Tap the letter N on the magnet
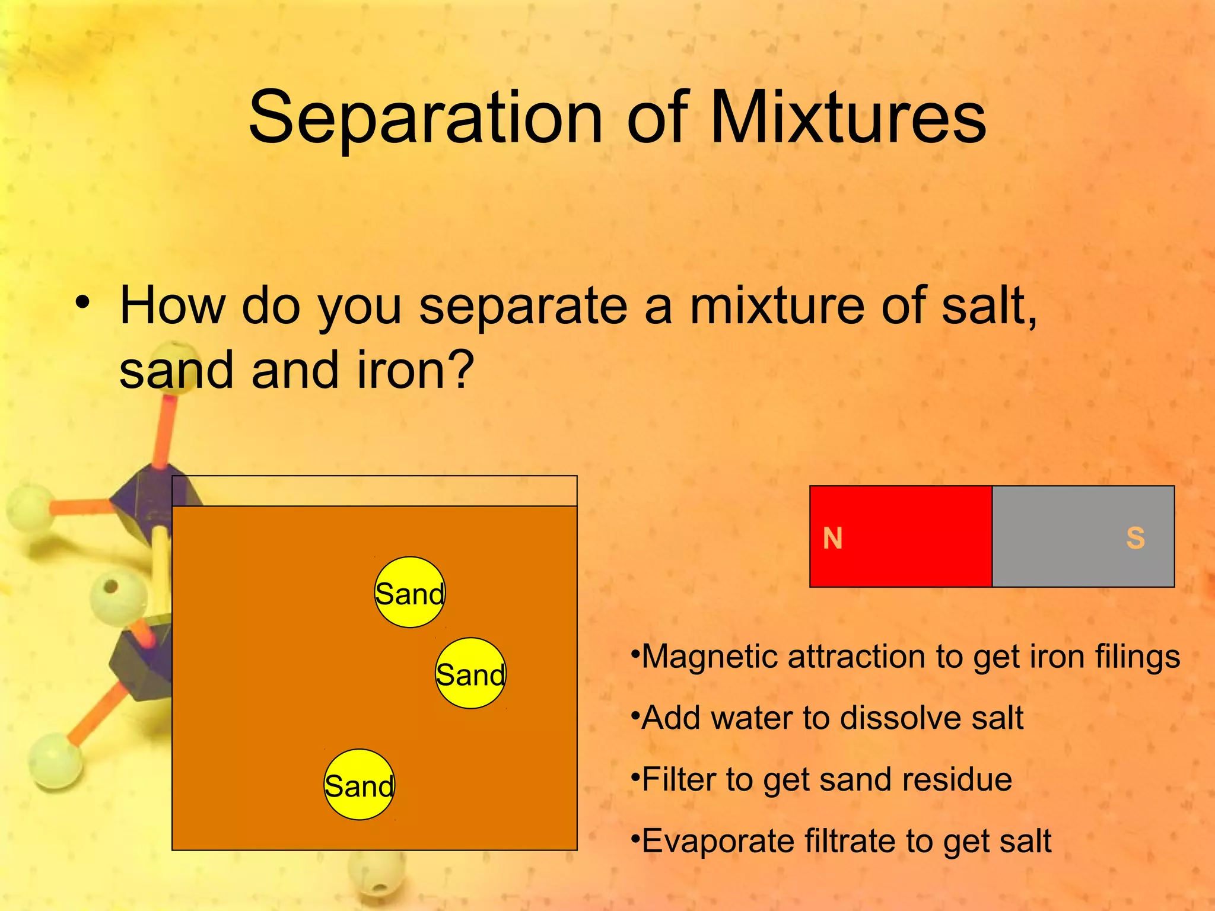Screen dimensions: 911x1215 832,539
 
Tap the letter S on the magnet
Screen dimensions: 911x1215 1136,539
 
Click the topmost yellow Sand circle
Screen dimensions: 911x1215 410,593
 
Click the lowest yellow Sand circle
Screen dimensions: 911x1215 359,785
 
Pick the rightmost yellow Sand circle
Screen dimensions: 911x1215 470,673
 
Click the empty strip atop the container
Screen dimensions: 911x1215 374,491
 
